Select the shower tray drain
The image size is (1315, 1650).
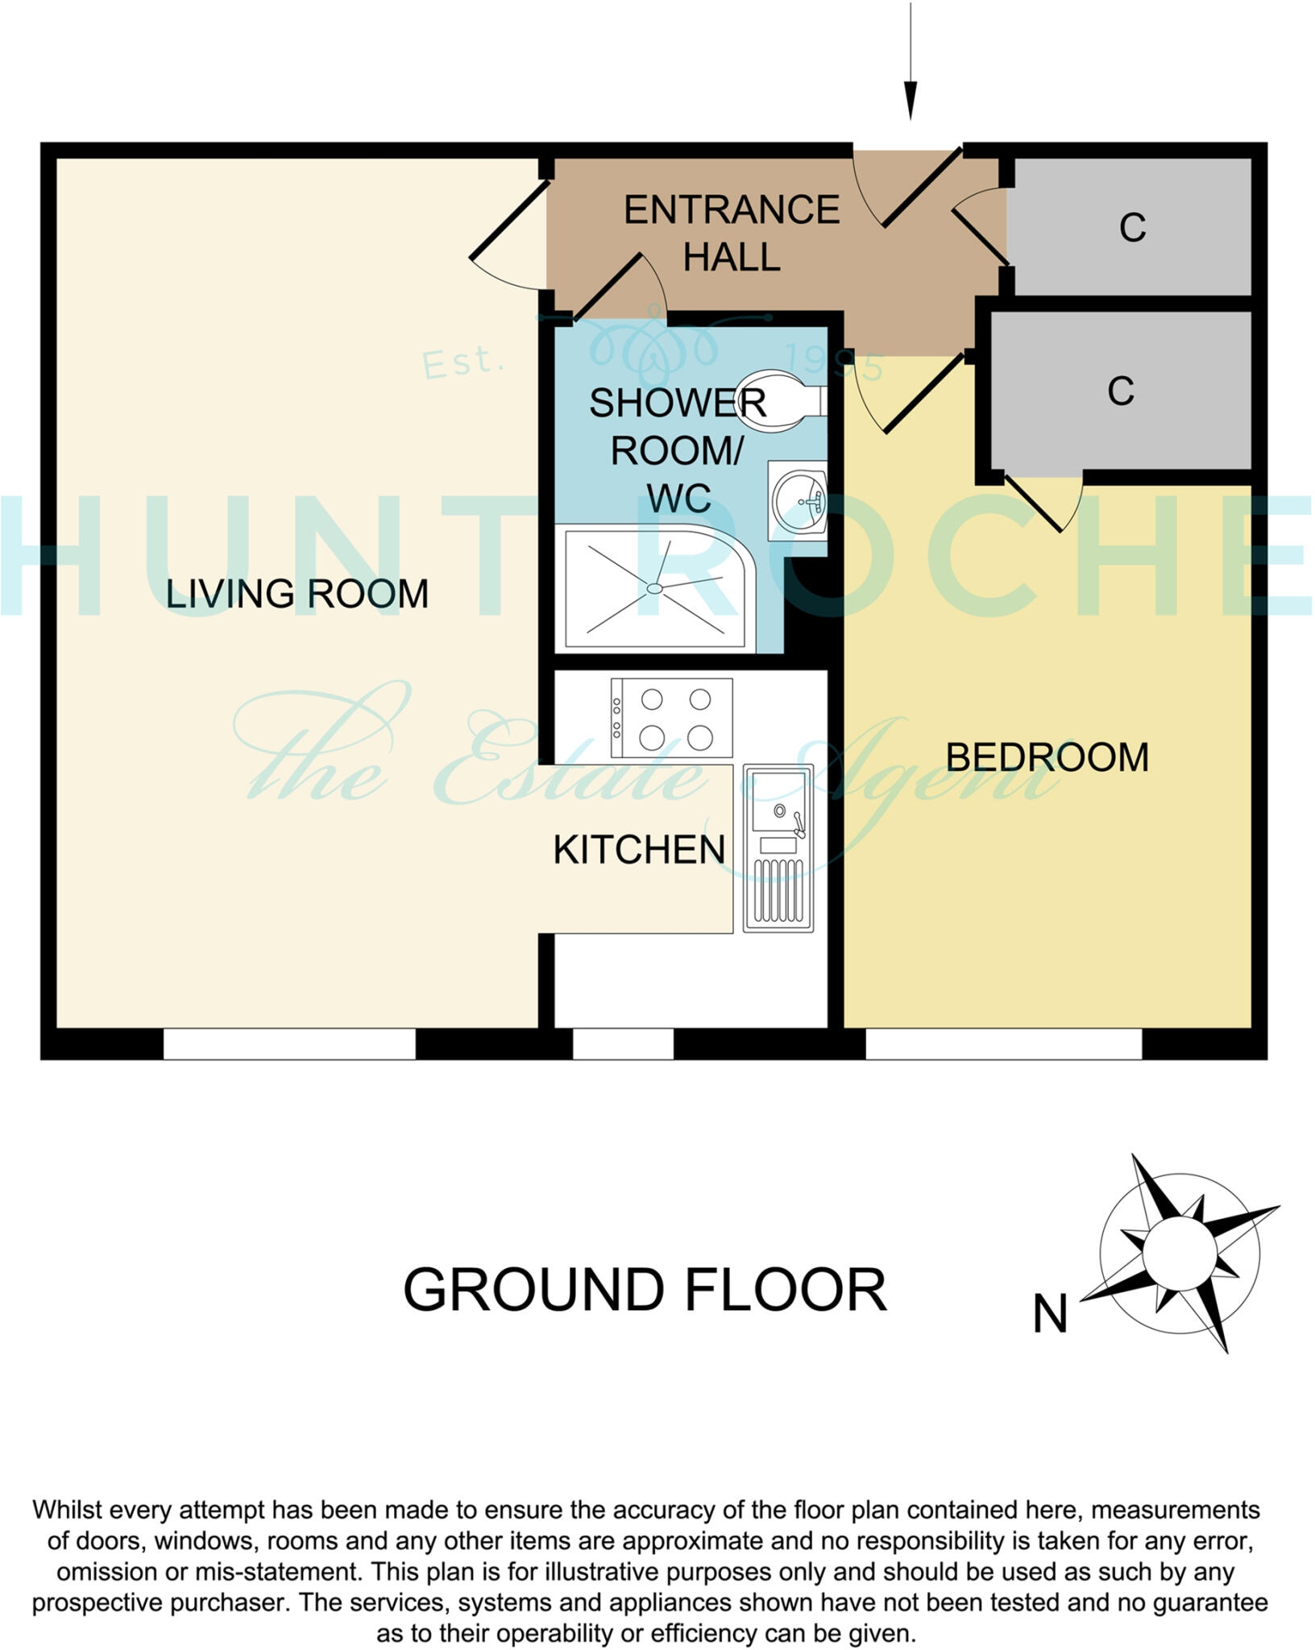pos(655,588)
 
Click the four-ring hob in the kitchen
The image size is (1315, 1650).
pos(672,718)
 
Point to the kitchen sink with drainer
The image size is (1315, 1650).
pos(778,848)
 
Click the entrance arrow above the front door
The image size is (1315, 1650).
pos(911,64)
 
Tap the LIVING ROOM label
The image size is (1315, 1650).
pos(297,594)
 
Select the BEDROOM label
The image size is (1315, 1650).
pos(1047,758)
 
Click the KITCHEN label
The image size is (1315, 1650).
pos(639,850)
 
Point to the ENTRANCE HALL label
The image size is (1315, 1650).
pos(732,234)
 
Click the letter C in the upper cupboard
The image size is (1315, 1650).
pos(1132,228)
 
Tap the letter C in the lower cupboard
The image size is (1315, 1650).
pos(1121,392)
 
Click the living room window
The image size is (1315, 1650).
pos(289,1044)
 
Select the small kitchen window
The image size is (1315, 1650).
pos(623,1044)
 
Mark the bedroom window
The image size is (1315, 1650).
pos(1003,1044)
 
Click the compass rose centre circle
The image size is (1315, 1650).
pos(1179,1253)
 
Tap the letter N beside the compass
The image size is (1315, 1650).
pos(1050,1314)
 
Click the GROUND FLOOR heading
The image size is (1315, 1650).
pos(644,1290)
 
